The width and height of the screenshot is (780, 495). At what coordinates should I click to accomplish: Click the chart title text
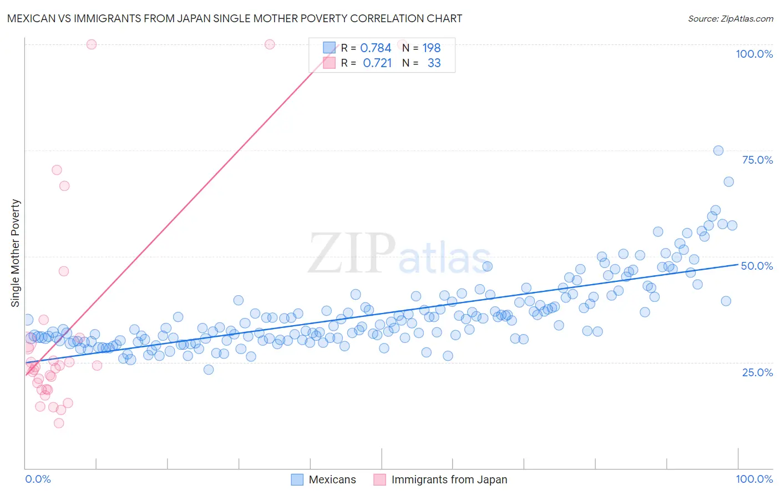pos(234,18)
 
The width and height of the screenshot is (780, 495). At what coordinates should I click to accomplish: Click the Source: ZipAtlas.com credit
pos(730,18)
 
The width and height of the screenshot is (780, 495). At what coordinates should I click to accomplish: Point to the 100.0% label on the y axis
pos(754,54)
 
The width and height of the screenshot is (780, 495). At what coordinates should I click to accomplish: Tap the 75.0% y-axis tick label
pos(757,160)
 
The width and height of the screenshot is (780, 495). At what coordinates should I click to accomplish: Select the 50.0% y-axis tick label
pos(757,266)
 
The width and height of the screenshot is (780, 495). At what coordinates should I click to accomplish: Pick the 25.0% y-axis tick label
pos(757,372)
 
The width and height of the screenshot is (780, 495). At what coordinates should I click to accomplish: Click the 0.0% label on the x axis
pos(38,479)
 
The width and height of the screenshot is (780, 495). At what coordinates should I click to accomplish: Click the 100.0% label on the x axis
pos(754,479)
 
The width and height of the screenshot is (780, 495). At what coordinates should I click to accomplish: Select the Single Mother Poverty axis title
pos(16,253)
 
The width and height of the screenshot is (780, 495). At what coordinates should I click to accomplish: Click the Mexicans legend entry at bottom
pos(332,479)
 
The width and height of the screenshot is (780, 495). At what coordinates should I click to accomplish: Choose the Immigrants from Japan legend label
pos(449,479)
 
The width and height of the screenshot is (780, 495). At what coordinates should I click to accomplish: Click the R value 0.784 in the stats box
pos(376,48)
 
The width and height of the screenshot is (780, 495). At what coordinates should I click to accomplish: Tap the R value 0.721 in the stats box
pos(377,63)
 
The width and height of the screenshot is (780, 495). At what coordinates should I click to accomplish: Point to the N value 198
pos(431,48)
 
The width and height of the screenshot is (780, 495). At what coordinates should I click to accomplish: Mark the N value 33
pos(434,63)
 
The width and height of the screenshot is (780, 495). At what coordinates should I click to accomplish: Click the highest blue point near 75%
pos(718,150)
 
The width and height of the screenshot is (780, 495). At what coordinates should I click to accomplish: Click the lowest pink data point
pos(59,423)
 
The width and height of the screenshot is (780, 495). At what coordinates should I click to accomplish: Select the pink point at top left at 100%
pos(92,44)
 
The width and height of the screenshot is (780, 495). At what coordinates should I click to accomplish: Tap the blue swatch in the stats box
pos(330,48)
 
